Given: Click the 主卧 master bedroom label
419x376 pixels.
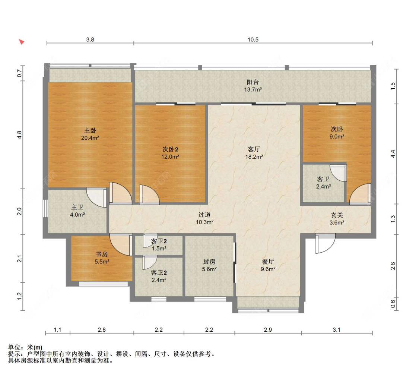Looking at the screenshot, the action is (90, 130).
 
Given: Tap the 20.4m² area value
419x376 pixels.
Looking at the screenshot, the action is (90, 138).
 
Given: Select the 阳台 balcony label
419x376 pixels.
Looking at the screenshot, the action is (253, 82).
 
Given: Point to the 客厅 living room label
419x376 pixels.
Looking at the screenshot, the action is (254, 149).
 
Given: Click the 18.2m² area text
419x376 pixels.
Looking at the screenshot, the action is (254, 157).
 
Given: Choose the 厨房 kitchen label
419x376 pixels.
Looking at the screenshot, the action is (209, 262).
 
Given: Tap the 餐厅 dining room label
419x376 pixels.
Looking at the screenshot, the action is (268, 262).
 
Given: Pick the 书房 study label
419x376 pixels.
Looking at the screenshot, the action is (102, 254).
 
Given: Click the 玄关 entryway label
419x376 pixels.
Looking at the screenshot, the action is (337, 215).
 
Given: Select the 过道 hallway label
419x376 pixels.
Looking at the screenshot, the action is (204, 215).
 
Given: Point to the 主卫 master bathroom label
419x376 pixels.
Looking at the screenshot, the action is (77, 207).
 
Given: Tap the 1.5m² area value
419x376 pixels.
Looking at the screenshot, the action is (159, 249).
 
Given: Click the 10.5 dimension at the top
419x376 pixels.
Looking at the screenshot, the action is (253, 40).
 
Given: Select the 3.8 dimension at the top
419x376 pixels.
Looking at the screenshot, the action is (90, 40).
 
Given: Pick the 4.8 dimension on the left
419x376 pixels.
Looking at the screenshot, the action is (19, 135).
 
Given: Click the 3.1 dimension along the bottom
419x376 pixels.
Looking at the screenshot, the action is (336, 330).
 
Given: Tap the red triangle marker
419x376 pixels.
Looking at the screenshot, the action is (22, 42).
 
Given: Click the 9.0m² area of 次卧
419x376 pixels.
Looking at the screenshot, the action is (337, 137).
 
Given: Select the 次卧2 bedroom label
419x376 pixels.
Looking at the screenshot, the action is (170, 149).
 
